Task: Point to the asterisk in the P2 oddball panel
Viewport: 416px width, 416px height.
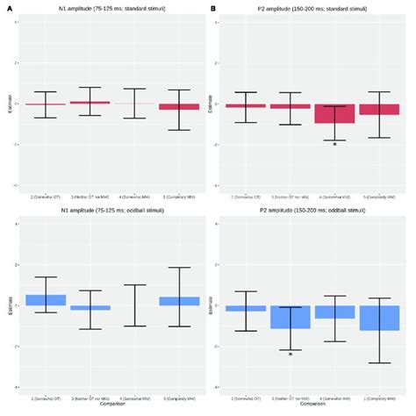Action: pyautogui.click(x=290, y=353)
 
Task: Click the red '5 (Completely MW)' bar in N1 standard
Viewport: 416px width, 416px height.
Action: pyautogui.click(x=179, y=106)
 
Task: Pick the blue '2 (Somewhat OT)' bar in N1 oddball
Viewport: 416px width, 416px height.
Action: pyautogui.click(x=46, y=300)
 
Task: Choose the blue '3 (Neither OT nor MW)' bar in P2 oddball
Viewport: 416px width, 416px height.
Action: pyautogui.click(x=290, y=317)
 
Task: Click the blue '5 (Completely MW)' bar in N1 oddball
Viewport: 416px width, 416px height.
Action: pyautogui.click(x=179, y=301)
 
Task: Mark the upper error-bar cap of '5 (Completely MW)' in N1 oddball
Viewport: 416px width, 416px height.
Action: pyautogui.click(x=179, y=268)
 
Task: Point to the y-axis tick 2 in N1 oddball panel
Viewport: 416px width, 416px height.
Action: pyautogui.click(x=17, y=265)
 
